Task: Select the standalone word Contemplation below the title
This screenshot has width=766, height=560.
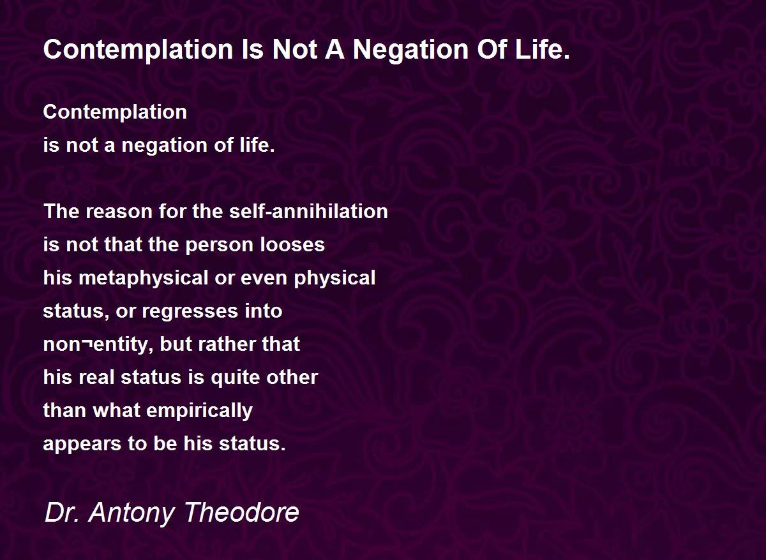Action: (x=115, y=113)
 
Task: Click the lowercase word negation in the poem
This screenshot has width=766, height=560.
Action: (x=165, y=145)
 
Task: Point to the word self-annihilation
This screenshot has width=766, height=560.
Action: (x=308, y=211)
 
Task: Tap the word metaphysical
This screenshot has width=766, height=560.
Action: (x=143, y=279)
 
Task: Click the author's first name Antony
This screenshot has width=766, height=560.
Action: (x=131, y=513)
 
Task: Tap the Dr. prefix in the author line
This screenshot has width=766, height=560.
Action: (x=61, y=512)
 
